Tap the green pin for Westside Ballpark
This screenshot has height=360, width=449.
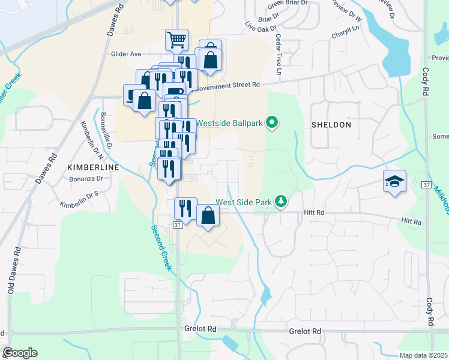272,124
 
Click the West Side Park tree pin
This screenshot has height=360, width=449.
280,202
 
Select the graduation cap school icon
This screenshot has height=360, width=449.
395,181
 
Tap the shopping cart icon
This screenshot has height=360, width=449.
177,41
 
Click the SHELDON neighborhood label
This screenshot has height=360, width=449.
331,125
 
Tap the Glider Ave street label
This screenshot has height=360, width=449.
126,53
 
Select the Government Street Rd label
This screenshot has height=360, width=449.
228,85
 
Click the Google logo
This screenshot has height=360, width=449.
20,353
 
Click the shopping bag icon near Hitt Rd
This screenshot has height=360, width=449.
207,217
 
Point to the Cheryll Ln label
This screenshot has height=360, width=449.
345,32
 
